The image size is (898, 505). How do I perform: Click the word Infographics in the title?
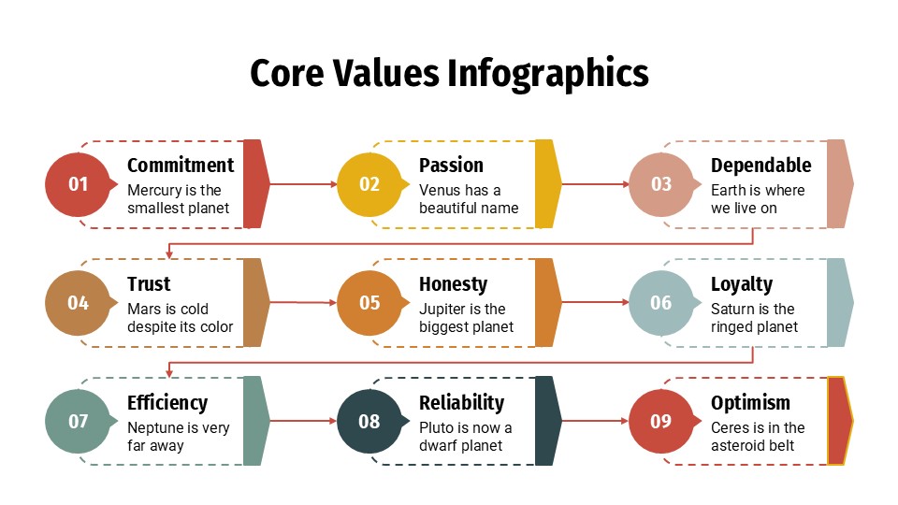[x=547, y=73]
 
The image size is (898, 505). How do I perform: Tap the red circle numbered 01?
[x=78, y=184]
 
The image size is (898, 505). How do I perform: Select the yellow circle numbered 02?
[x=369, y=184]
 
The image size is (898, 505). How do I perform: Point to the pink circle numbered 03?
[x=661, y=184]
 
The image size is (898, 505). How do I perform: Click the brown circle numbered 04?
[x=78, y=303]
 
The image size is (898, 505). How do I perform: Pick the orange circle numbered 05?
[x=369, y=303]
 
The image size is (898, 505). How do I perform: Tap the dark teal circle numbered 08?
[x=369, y=422]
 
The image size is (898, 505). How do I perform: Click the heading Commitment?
[x=181, y=166]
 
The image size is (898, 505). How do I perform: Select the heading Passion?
[x=451, y=166]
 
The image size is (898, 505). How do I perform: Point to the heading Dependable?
[x=760, y=166]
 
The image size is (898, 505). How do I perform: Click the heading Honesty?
[x=453, y=284]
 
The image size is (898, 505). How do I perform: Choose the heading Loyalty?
[x=742, y=284]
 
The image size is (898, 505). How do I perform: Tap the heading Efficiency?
[x=167, y=403]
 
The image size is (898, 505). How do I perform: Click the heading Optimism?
[x=750, y=403]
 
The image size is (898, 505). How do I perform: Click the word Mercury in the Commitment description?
[x=153, y=191]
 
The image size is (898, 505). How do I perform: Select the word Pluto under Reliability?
[x=437, y=428]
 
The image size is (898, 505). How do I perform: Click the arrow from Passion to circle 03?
[x=595, y=184]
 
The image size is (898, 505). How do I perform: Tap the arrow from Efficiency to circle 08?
[x=303, y=422]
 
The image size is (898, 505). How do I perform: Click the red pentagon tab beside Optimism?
[x=839, y=421]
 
